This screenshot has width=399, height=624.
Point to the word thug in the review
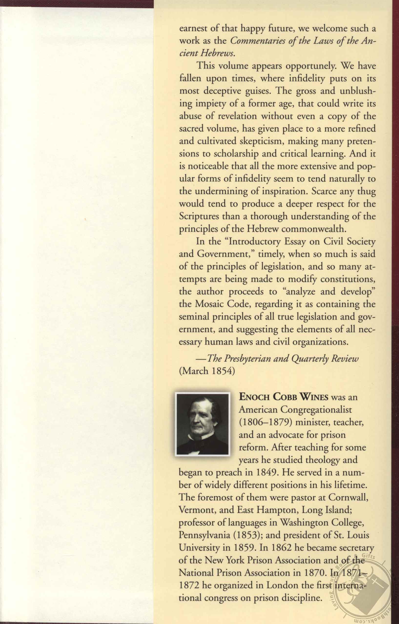[x=366, y=192]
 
